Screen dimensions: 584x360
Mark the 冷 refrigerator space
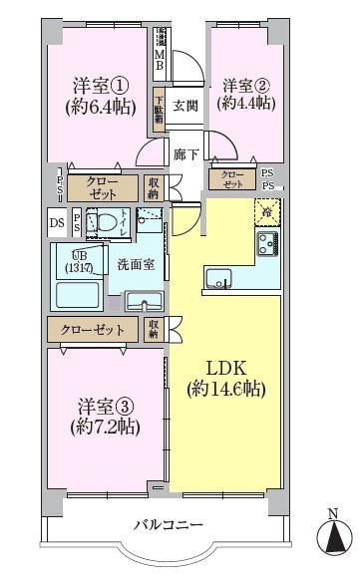267,209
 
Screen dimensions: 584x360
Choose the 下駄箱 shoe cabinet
160,109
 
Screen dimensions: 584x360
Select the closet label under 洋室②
232,179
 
